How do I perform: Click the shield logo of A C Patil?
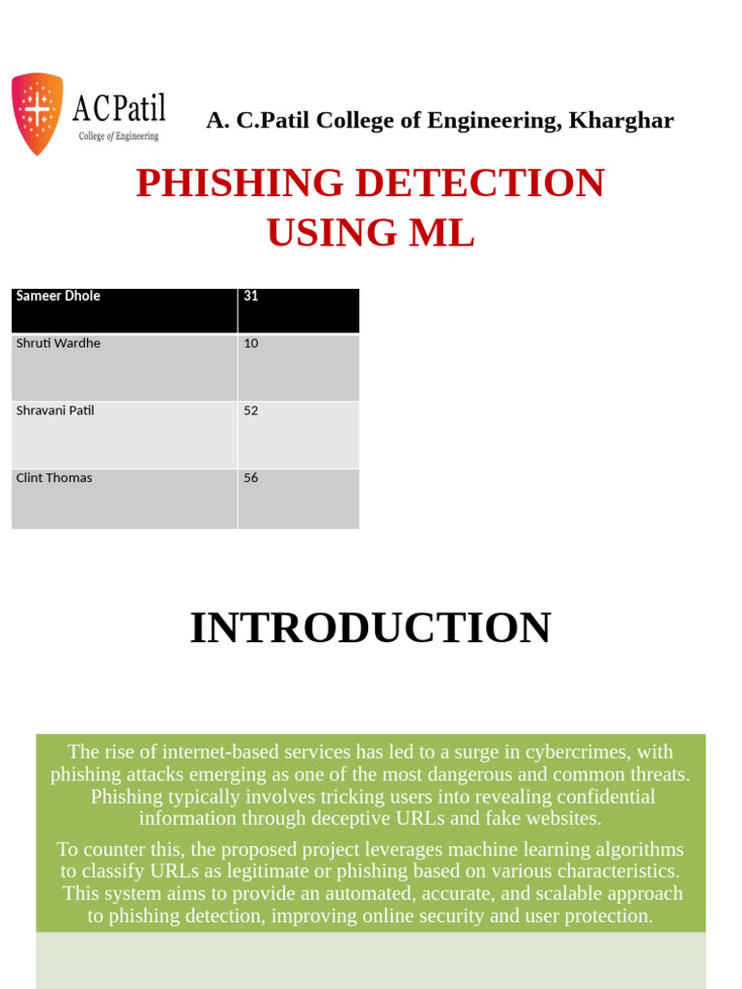tap(37, 113)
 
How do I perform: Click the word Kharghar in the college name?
tap(621, 121)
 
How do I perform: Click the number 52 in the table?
tap(251, 410)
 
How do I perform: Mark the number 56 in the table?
tap(251, 478)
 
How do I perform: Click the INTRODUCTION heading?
tap(370, 628)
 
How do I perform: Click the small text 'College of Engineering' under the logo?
tap(119, 136)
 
